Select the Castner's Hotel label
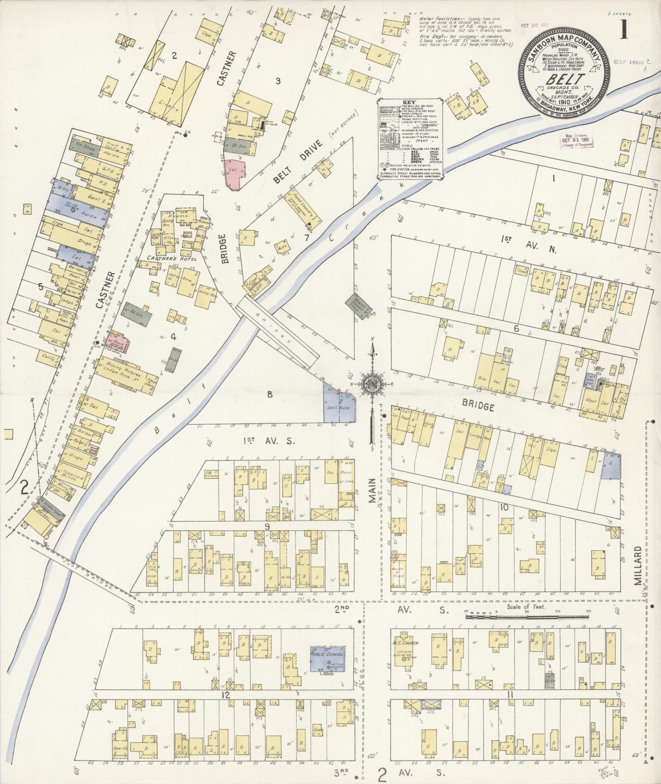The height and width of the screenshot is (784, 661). point(172,259)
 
